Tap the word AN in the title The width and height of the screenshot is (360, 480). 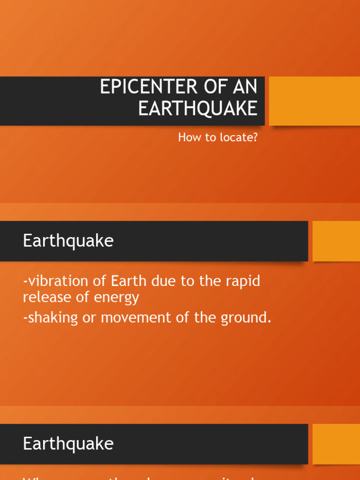pyautogui.click(x=246, y=88)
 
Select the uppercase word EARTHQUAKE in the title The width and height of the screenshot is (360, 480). pyautogui.click(x=197, y=108)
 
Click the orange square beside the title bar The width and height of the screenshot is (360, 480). pyautogui.click(x=315, y=101)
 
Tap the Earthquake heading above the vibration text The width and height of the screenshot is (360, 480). pyautogui.click(x=68, y=241)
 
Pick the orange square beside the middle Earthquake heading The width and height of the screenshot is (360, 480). pyautogui.click(x=336, y=241)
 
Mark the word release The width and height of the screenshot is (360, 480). pyautogui.click(x=44, y=297)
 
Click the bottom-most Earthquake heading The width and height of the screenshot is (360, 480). pyautogui.click(x=68, y=443)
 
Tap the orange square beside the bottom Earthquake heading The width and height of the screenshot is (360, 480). pyautogui.click(x=336, y=443)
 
